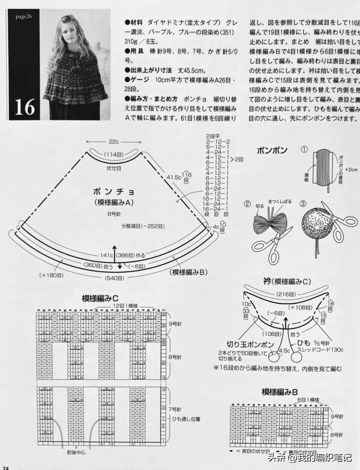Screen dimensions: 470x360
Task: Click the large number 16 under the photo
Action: (25, 107)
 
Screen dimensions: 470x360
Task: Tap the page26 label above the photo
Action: (24, 16)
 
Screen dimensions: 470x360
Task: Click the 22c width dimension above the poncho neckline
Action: (114, 142)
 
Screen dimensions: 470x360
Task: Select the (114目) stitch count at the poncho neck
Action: (114, 155)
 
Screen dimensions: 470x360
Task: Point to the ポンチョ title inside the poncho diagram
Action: (114, 192)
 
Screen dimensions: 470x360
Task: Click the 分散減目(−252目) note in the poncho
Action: (143, 226)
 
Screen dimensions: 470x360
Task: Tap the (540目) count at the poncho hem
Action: (114, 278)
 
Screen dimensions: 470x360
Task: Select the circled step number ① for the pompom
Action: (304, 149)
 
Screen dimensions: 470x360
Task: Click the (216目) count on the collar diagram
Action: (286, 294)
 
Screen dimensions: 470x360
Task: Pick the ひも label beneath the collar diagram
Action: (304, 343)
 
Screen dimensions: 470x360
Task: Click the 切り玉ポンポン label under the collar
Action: (250, 345)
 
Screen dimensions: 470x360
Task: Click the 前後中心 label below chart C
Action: (76, 452)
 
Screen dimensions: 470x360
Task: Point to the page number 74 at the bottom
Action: (5, 467)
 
